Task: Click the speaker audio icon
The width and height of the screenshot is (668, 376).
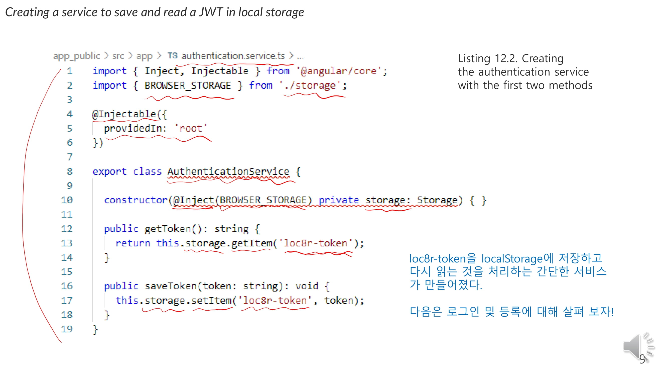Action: (637, 347)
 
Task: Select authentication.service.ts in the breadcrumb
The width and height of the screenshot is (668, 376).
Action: (233, 56)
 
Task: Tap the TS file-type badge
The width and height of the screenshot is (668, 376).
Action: (172, 56)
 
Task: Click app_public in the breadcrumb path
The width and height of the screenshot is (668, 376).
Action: (76, 56)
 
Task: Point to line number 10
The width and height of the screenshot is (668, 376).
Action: (67, 200)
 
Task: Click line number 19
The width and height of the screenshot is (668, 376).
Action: (67, 329)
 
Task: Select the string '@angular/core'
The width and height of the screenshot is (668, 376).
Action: (339, 71)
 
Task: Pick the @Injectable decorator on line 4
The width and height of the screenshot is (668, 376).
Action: (124, 114)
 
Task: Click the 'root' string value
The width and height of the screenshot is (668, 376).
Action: (191, 128)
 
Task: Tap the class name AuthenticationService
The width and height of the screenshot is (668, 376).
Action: (228, 171)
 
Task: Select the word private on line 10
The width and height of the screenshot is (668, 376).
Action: (338, 200)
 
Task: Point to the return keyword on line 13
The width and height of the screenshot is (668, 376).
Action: (133, 243)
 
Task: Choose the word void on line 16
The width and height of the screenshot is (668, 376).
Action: (307, 286)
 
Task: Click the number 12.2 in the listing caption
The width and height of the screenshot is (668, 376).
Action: (505, 58)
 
